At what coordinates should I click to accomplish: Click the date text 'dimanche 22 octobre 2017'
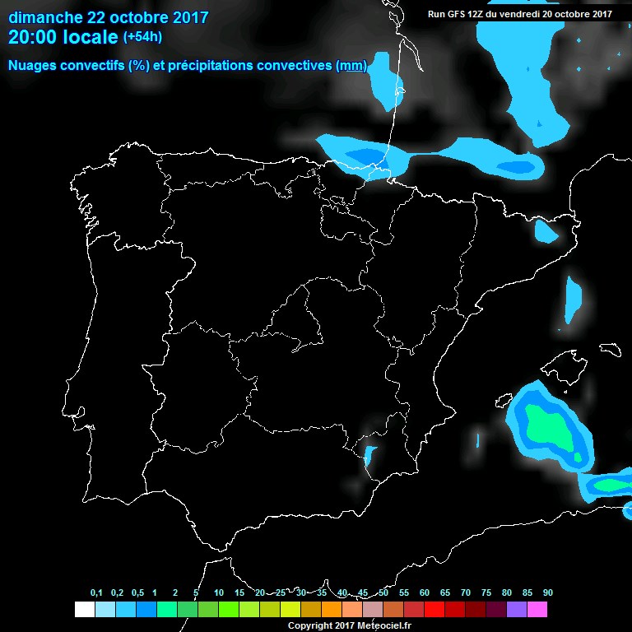[108, 17]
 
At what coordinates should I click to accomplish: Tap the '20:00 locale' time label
[63, 37]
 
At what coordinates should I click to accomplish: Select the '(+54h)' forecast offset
[143, 37]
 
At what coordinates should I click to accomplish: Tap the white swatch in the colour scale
[84, 610]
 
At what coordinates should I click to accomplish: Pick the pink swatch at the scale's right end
[537, 610]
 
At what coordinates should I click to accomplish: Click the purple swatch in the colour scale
[516, 610]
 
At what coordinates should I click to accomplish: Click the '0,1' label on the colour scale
[96, 593]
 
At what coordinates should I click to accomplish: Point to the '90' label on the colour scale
[547, 593]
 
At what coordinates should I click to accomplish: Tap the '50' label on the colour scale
[383, 593]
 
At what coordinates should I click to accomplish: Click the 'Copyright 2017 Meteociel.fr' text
[349, 625]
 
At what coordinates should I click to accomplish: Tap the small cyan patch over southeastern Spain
[369, 455]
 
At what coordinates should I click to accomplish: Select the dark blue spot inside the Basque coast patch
[364, 155]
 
